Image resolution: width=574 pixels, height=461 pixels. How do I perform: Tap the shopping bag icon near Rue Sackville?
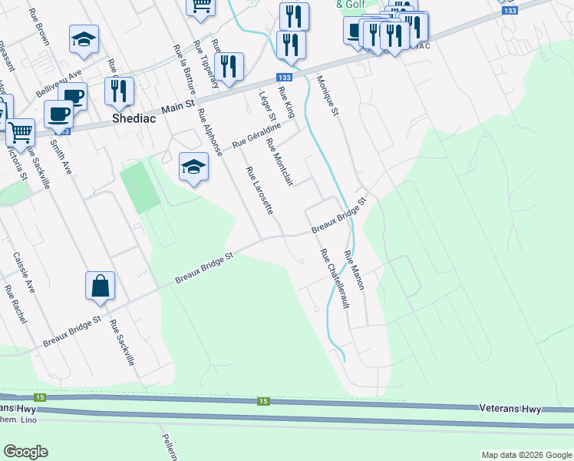coord(101,287)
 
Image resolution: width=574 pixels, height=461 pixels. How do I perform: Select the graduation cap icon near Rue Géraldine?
coord(194,167)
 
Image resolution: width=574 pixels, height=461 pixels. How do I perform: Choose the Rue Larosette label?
coord(259,190)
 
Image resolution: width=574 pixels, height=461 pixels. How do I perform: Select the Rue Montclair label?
coord(279,162)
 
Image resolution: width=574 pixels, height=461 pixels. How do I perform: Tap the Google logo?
coord(25,452)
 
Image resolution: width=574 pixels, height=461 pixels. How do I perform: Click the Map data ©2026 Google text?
coord(526,455)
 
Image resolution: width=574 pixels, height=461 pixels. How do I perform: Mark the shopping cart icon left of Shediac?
coord(20,132)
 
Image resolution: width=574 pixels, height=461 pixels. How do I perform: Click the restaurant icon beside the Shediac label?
coord(119,91)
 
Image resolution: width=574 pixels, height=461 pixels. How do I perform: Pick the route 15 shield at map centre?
coord(263,401)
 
